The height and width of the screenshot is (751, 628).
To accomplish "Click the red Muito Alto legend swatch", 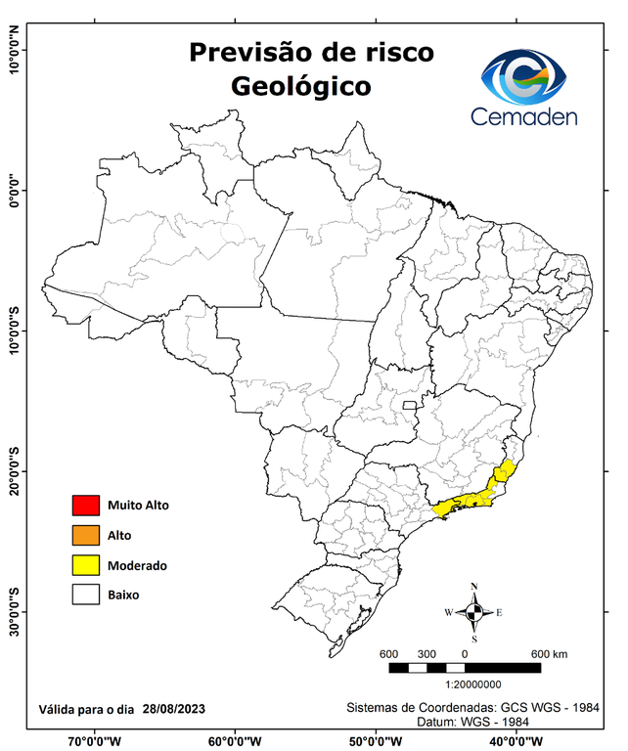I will click(x=85, y=506).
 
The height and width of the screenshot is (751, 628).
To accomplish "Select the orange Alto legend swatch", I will click(x=85, y=535).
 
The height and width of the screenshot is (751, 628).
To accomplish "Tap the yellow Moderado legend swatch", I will click(x=85, y=565).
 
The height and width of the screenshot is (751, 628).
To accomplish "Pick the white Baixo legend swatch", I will click(x=85, y=595).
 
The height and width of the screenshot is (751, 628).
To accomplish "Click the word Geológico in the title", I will click(x=300, y=86).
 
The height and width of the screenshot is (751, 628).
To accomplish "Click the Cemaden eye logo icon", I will click(x=524, y=76).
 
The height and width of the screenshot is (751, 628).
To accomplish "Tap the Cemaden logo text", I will click(x=524, y=117).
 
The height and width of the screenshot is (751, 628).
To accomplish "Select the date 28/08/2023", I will click(x=173, y=708).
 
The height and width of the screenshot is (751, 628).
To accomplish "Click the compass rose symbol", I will click(x=474, y=612).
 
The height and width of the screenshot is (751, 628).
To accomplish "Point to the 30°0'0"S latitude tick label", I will click(x=14, y=610).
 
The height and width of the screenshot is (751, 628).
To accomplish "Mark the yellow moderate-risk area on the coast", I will click(x=475, y=498).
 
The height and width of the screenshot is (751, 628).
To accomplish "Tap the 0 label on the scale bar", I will click(x=465, y=653).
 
